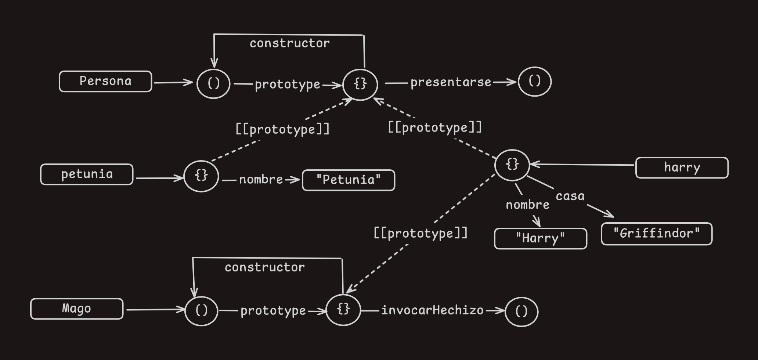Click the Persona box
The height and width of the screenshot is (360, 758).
(x=105, y=81)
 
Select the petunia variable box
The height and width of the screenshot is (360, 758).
(x=87, y=174)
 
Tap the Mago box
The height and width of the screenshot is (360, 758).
(x=77, y=309)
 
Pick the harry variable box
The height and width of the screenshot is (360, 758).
(x=682, y=168)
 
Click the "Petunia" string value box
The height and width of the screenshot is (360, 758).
(x=348, y=180)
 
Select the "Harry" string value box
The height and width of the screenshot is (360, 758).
(x=540, y=238)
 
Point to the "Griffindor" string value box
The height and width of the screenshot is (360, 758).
(x=656, y=234)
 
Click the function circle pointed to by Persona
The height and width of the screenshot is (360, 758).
(x=213, y=83)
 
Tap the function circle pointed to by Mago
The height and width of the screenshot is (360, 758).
(x=201, y=311)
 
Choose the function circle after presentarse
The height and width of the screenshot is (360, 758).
(x=534, y=82)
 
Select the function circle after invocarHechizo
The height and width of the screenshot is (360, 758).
(x=521, y=312)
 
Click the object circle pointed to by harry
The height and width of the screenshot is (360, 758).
(x=512, y=165)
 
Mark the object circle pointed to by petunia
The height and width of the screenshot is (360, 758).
(x=201, y=176)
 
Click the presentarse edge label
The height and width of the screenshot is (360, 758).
(x=451, y=82)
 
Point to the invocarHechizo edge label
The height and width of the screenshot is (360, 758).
(x=432, y=310)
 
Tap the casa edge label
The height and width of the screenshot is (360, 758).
(x=570, y=196)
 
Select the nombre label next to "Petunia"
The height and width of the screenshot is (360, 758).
(x=261, y=180)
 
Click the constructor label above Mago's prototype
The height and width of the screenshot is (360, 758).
(x=264, y=267)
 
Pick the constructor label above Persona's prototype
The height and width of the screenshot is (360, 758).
(x=289, y=43)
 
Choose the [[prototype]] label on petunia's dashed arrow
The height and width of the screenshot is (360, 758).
(x=282, y=129)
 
